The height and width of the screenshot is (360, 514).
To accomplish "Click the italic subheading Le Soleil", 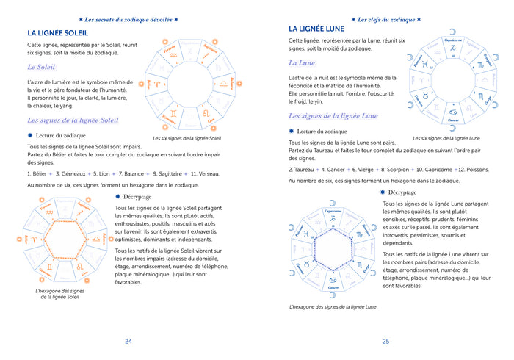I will pos(47,68).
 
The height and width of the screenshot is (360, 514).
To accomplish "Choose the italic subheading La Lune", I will pos(307,63).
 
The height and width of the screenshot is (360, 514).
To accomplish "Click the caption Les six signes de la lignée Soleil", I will pos(187,138).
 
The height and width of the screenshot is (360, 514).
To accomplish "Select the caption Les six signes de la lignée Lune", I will pos(446,138).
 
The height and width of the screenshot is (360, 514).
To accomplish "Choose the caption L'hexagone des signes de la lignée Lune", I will pos(333,306).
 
